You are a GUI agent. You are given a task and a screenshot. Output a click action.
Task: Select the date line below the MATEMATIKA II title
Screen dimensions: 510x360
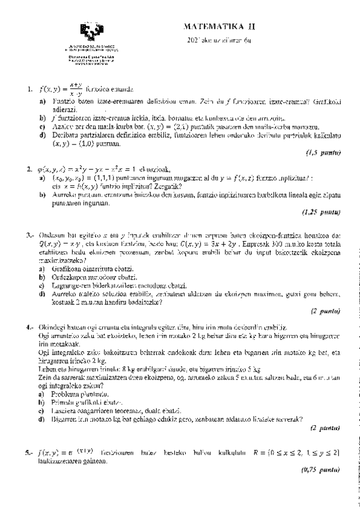[x=214, y=40]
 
